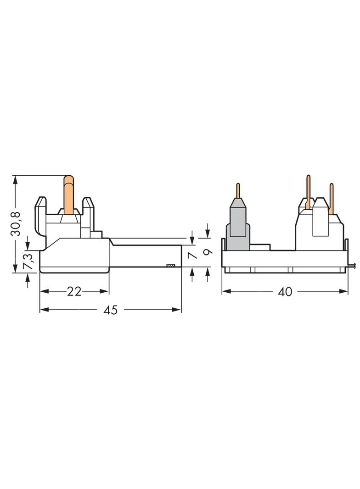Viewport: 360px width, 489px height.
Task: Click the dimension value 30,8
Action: [16, 223]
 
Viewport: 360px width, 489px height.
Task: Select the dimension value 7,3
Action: [28, 261]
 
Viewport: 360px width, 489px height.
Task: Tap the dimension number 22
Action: [74, 291]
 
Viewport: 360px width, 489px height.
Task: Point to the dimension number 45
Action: [111, 310]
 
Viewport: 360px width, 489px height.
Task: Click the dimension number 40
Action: [285, 292]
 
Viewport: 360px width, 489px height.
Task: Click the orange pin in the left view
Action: [69, 195]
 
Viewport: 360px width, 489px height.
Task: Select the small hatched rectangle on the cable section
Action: [171, 265]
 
